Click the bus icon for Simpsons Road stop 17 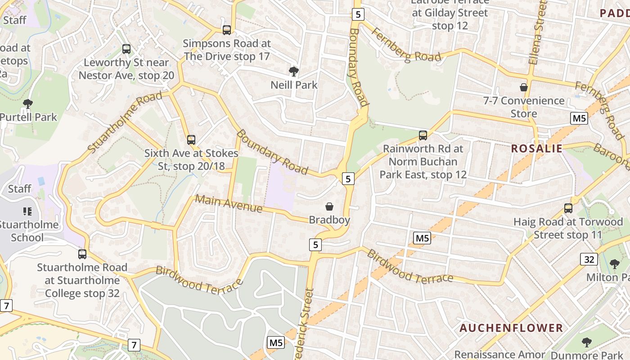(227, 30)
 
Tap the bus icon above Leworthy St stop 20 (126, 49)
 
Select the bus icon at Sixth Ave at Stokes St (191, 140)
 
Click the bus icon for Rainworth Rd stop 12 (423, 135)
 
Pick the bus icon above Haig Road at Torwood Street (568, 208)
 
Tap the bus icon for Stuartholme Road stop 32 (82, 254)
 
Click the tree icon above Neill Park (294, 72)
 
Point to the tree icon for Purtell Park (28, 104)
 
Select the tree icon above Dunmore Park (586, 342)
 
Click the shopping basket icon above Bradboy (329, 207)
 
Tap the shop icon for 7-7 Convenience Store (523, 87)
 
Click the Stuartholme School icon (27, 211)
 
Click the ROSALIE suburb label (537, 148)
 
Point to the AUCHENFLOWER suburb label (511, 328)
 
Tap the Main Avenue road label (229, 204)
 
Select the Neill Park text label (294, 85)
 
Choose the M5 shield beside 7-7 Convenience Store (579, 118)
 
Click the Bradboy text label (329, 220)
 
